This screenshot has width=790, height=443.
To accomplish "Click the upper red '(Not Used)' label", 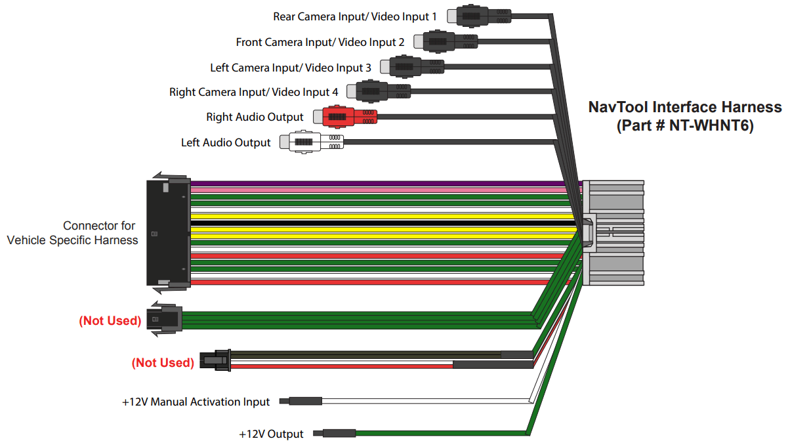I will (x=110, y=321).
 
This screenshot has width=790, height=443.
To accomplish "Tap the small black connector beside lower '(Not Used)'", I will (x=216, y=361).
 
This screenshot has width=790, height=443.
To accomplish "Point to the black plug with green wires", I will (x=166, y=320).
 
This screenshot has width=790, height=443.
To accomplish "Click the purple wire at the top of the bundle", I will (x=374, y=183).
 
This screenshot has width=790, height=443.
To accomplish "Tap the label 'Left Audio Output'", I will (x=226, y=142).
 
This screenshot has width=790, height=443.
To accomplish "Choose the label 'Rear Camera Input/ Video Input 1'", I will (x=354, y=16).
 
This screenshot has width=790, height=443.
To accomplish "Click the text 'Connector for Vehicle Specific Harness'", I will (x=72, y=233).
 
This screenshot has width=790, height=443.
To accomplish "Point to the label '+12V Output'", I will (x=271, y=434).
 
